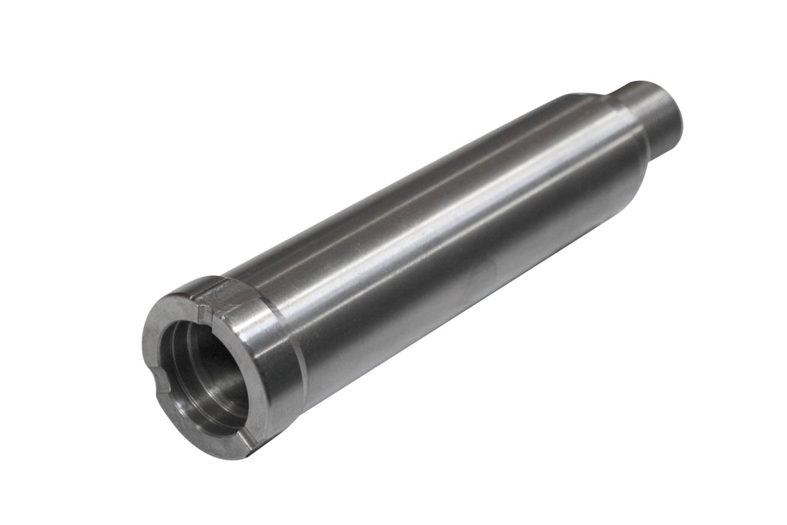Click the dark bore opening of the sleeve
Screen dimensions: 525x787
[x=206, y=367]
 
